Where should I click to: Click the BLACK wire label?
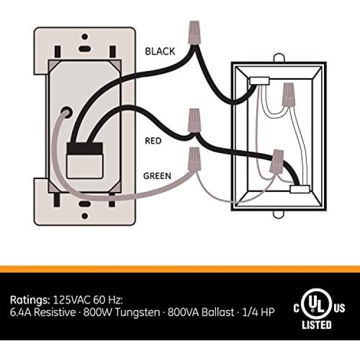pos(160,51)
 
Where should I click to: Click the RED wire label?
pos(153,141)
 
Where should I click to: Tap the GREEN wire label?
pos(157,176)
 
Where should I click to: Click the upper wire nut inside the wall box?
pos(288,95)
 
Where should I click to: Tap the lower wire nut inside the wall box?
pos(277,162)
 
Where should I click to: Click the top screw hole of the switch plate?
pos(84,37)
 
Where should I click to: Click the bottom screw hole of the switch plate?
pos(84,216)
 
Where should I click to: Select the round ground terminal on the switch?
pos(66,112)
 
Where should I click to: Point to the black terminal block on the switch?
pos(84,148)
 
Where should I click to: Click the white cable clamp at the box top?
pos(259,81)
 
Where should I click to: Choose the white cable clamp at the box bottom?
pos(300,189)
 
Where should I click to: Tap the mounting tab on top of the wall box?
pos(279,58)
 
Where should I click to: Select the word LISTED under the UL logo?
pos(317,325)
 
